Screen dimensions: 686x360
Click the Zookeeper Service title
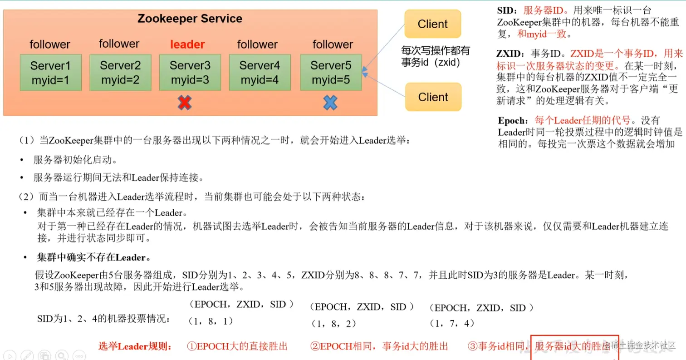[x=190, y=19]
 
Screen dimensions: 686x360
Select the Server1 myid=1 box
[x=50, y=73]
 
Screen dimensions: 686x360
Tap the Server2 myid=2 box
[x=120, y=73]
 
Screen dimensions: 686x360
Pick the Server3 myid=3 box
[x=190, y=73]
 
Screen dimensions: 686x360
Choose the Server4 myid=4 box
[x=260, y=73]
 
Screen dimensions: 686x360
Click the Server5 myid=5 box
[x=331, y=73]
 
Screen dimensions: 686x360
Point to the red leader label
[x=187, y=44]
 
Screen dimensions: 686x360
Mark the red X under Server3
[x=184, y=103]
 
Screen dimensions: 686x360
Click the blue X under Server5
[x=330, y=103]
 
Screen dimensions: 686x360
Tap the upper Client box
[x=432, y=24]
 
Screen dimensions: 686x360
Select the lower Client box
[x=432, y=97]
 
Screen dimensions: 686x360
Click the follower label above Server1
[x=50, y=44]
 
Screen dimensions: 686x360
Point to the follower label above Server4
[x=257, y=44]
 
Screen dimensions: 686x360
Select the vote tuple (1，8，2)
[x=333, y=324]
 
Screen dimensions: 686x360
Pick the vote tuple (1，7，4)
[x=451, y=323]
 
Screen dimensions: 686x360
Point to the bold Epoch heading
[x=513, y=121]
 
